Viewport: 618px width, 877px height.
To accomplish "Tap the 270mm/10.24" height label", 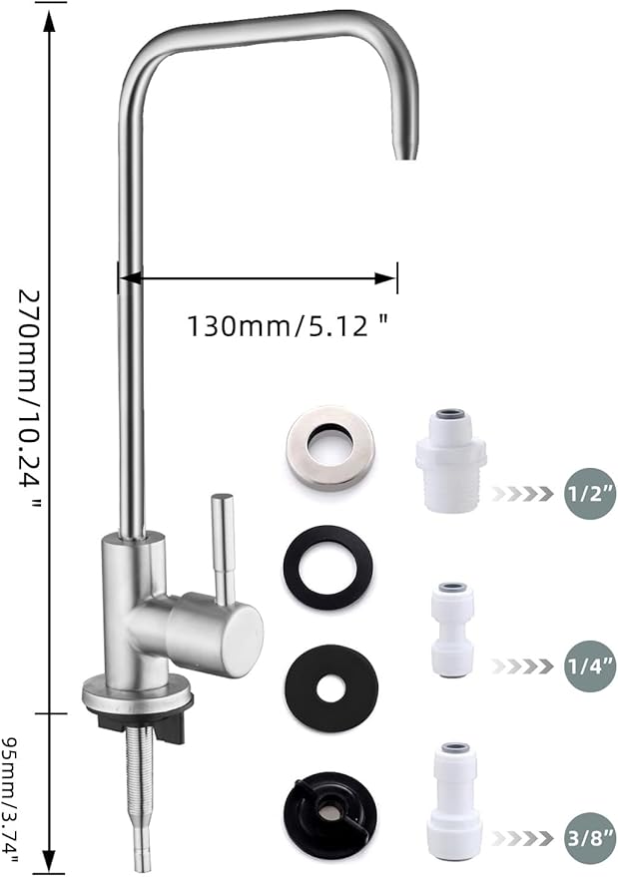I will (34, 398).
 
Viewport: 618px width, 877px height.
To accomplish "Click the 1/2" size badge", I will (584, 493).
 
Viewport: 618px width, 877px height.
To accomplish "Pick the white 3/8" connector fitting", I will (454, 799).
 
